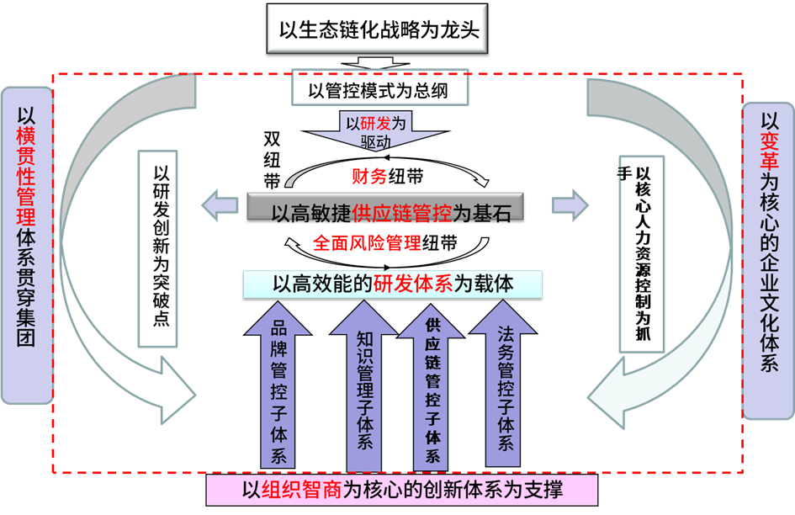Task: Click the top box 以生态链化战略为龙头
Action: (x=378, y=30)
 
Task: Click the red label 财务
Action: (x=369, y=176)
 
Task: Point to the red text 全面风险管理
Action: (x=367, y=243)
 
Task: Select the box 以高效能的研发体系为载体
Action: (x=392, y=284)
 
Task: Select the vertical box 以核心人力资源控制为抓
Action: (x=643, y=252)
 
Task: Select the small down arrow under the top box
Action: (x=370, y=64)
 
